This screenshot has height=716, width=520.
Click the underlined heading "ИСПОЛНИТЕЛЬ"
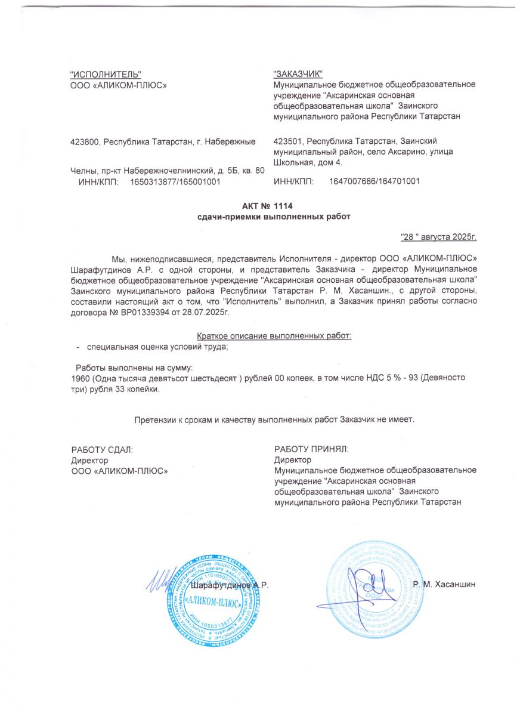click(x=106, y=74)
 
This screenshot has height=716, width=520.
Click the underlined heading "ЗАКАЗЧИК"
click(x=298, y=74)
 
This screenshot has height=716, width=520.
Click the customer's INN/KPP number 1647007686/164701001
click(x=374, y=181)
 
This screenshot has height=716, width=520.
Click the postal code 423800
click(x=85, y=142)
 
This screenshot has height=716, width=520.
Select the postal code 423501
click(x=287, y=141)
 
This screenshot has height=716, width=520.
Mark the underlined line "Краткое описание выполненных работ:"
click(x=274, y=336)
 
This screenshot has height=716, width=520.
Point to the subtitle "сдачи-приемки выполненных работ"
click(x=274, y=217)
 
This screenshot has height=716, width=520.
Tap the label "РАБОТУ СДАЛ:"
click(x=102, y=449)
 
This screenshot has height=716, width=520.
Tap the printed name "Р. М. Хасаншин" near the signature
click(x=444, y=584)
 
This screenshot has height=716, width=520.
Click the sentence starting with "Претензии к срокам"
click(x=274, y=419)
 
